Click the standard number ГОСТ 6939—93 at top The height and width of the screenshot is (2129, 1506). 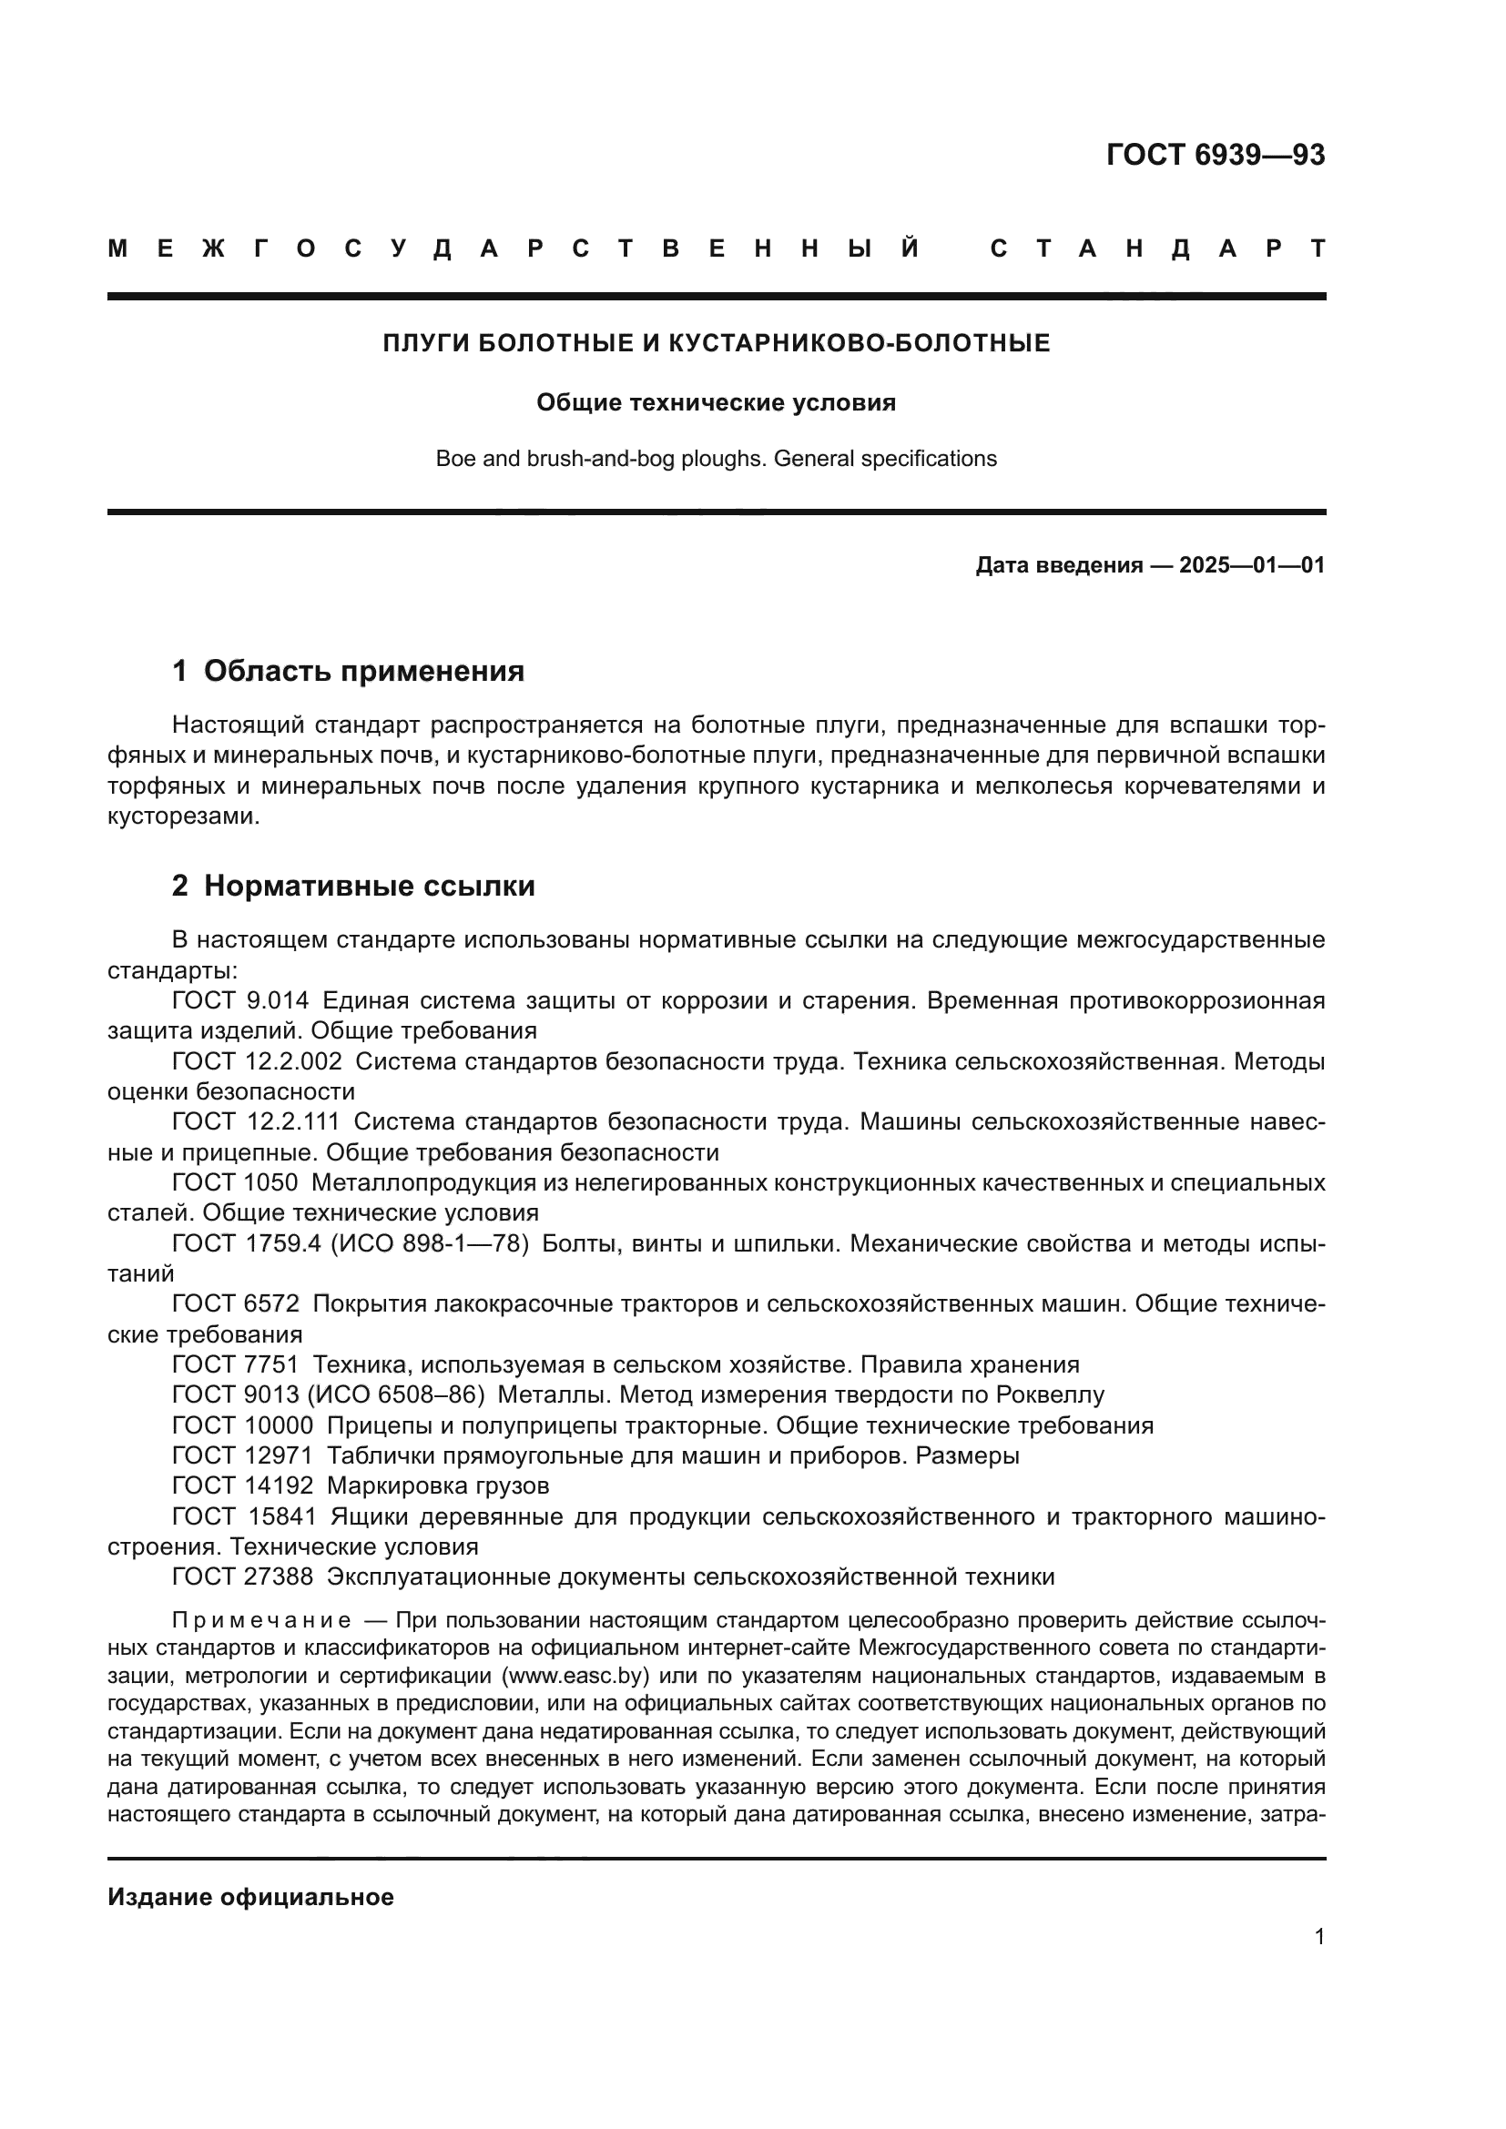point(1215,155)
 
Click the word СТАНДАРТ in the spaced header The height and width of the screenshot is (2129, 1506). point(1157,249)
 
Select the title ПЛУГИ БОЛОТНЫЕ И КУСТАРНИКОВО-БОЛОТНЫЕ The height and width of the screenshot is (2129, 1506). point(716,344)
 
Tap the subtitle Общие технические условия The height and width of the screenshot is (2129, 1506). point(716,403)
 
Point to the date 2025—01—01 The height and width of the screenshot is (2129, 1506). point(1251,565)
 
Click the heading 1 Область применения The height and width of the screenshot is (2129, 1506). point(348,672)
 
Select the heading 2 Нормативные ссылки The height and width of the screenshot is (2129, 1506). point(353,887)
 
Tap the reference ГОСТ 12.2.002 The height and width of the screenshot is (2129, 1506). point(257,1062)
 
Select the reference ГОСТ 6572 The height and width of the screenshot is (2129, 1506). point(236,1304)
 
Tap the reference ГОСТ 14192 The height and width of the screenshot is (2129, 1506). point(243,1486)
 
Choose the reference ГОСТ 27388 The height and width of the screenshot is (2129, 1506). point(243,1577)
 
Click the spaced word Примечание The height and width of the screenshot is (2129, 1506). point(260,1622)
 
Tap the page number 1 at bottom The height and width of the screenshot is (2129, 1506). point(1318,1937)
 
